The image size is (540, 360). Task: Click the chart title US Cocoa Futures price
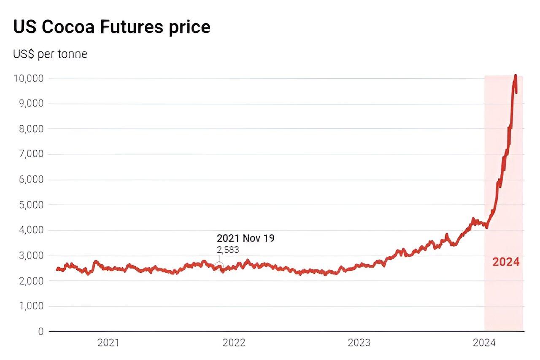click(x=112, y=27)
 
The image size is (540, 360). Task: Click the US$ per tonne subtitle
click(x=50, y=55)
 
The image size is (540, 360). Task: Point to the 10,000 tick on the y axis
click(x=29, y=78)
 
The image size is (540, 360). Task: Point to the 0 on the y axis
click(x=40, y=331)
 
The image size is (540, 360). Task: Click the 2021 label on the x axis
click(x=108, y=343)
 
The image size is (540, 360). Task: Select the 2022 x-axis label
click(x=234, y=343)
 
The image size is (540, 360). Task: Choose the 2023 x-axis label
click(x=359, y=343)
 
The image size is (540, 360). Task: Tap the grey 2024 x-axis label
click(x=484, y=343)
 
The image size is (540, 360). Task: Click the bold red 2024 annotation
click(x=506, y=262)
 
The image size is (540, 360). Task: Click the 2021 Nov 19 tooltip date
click(x=245, y=238)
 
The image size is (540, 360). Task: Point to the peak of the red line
click(x=515, y=75)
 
